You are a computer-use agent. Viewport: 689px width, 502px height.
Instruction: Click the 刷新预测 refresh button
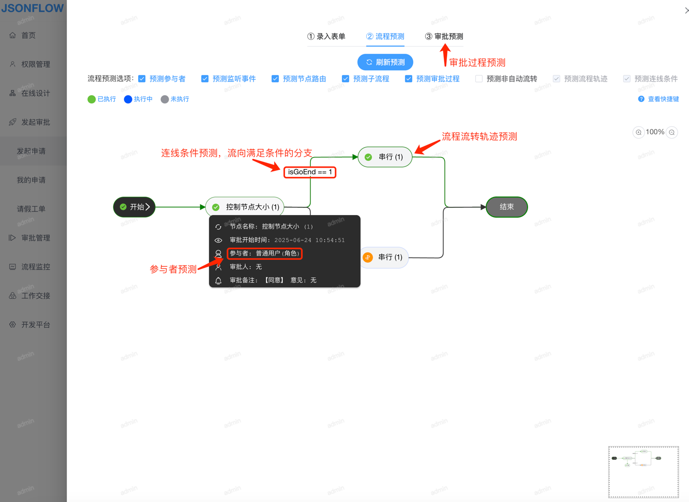point(385,63)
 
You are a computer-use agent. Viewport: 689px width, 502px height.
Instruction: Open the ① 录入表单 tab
point(326,37)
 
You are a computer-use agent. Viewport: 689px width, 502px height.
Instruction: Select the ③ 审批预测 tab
point(444,37)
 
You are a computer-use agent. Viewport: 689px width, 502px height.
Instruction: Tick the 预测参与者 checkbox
point(142,79)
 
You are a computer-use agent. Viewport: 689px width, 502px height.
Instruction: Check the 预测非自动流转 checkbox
point(479,79)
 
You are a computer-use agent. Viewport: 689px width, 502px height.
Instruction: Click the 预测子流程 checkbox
point(346,79)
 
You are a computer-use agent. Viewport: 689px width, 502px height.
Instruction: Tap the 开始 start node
point(134,207)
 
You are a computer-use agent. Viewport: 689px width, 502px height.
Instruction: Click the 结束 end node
point(506,207)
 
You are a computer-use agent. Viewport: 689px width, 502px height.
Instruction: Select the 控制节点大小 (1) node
point(245,207)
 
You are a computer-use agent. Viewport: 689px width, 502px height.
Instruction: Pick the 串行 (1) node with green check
point(385,157)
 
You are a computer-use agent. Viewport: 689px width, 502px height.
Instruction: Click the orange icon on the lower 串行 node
point(368,257)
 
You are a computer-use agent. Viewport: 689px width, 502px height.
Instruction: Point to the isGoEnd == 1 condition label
point(310,172)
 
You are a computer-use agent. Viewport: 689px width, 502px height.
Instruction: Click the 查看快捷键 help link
point(658,99)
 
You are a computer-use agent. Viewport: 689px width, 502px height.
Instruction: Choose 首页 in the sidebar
point(28,36)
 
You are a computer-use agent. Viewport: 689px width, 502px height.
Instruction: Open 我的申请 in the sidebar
point(31,180)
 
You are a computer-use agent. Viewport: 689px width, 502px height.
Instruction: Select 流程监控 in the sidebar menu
point(35,267)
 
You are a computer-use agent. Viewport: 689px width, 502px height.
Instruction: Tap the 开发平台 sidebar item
point(35,325)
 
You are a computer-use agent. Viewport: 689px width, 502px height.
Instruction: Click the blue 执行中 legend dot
point(128,99)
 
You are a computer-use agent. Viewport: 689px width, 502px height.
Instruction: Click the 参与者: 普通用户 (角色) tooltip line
point(264,253)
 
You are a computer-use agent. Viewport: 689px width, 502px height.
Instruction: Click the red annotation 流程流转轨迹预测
point(479,136)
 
